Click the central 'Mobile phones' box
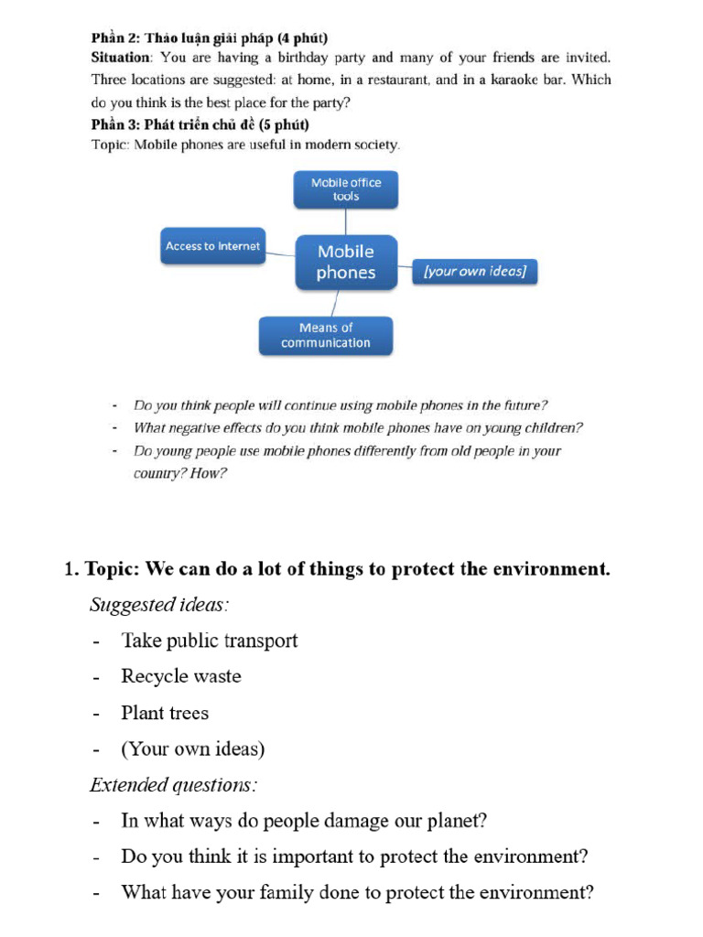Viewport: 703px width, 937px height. coord(346,262)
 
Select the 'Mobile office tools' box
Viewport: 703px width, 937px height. coord(346,189)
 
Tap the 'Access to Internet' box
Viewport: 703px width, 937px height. coord(212,246)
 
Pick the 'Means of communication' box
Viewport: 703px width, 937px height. coord(326,335)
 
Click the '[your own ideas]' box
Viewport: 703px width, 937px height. coord(474,272)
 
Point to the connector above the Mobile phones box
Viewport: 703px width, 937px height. coord(346,221)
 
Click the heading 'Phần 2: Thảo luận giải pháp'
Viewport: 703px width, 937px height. coord(209,38)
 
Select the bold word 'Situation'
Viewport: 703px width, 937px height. coord(119,57)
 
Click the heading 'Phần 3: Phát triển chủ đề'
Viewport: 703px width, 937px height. coord(200,124)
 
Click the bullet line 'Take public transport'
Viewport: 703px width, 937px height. coord(210,641)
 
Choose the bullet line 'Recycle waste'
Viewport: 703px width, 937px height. coord(181,676)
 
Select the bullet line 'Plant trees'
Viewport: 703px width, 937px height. coord(165,713)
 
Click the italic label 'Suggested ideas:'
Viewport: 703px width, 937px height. coord(159,605)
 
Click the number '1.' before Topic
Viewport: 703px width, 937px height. coord(72,569)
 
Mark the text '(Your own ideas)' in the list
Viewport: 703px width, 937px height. coord(193,749)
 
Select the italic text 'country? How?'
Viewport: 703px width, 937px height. coord(179,474)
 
